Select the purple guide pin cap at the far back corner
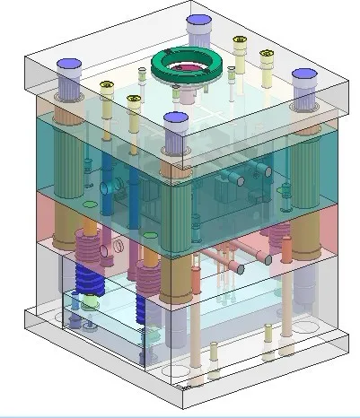point(198,24)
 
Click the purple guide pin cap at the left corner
point(69,67)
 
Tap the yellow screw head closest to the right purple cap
point(267,57)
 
